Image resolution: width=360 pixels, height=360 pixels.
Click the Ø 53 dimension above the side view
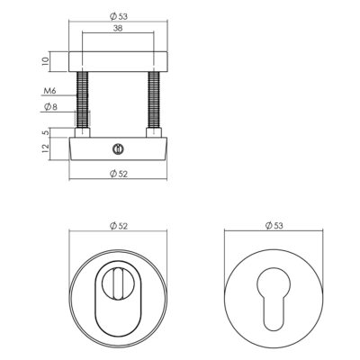[119, 16]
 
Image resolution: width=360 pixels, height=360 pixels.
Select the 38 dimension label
[118, 29]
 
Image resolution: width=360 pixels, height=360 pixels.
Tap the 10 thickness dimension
[45, 61]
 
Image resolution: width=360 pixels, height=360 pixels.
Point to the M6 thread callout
[49, 91]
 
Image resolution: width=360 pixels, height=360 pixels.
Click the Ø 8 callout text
[50, 107]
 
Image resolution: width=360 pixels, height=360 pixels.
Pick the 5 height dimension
[45, 132]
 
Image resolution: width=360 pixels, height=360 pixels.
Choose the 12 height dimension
[45, 148]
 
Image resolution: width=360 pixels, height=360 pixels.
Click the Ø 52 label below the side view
[119, 174]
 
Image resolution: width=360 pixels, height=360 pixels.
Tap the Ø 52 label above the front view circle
[119, 226]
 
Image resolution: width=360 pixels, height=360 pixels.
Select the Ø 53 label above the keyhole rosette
[274, 226]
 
